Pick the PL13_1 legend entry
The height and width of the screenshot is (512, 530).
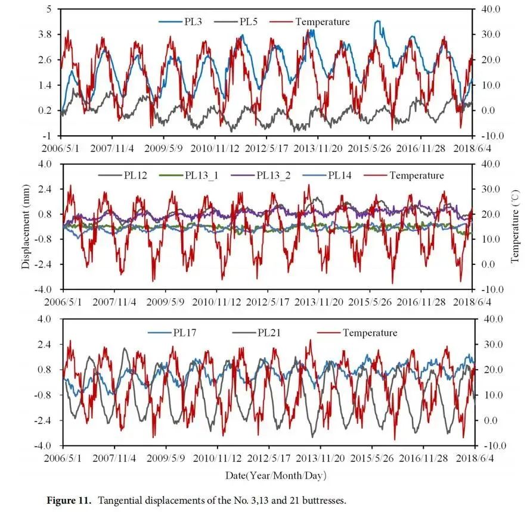point(202,175)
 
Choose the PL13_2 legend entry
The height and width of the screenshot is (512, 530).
point(275,175)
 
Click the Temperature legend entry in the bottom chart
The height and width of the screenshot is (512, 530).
point(370,333)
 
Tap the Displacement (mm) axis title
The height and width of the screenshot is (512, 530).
point(26,226)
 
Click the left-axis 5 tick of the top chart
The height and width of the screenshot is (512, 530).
point(49,9)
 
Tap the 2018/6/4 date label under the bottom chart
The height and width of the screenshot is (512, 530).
point(475,458)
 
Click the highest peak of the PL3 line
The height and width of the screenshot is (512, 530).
point(377,21)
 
